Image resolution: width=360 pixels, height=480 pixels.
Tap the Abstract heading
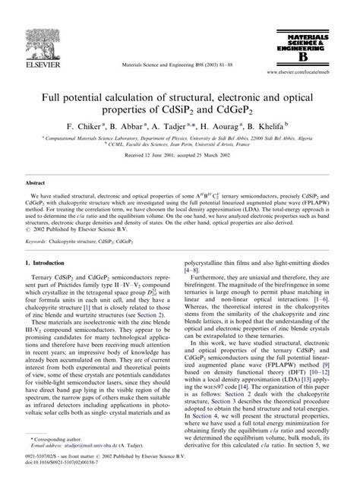click(x=36, y=183)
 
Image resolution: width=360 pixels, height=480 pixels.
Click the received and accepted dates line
click(x=179, y=156)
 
